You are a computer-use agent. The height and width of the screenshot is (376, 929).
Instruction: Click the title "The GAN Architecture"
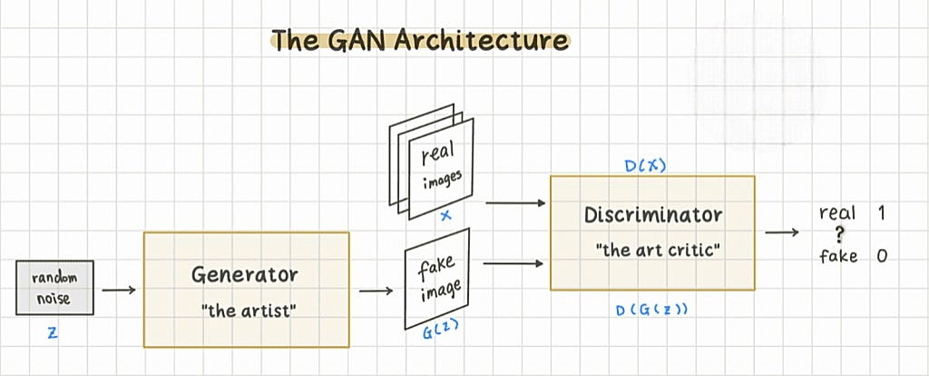coord(420,40)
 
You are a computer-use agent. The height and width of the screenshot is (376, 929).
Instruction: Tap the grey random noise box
coord(54,287)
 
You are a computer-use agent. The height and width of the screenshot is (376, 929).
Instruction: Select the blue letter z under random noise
coord(53,333)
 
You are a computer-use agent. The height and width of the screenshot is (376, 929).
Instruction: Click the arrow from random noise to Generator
coord(118,291)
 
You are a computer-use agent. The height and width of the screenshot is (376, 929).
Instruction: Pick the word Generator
coord(245,273)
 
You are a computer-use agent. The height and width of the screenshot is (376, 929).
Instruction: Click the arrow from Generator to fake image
coord(376,291)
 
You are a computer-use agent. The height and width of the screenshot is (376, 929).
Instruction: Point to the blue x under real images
coord(445,216)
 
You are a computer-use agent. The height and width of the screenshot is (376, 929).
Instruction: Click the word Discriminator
coord(653,215)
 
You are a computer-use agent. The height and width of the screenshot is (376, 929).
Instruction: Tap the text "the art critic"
coord(653,250)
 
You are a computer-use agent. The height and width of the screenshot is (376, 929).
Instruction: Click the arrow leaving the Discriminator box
coord(781,232)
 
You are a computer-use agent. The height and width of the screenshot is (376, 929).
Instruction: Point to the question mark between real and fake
coord(840,234)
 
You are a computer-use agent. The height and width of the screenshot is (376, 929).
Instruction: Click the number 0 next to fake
coord(882,256)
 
